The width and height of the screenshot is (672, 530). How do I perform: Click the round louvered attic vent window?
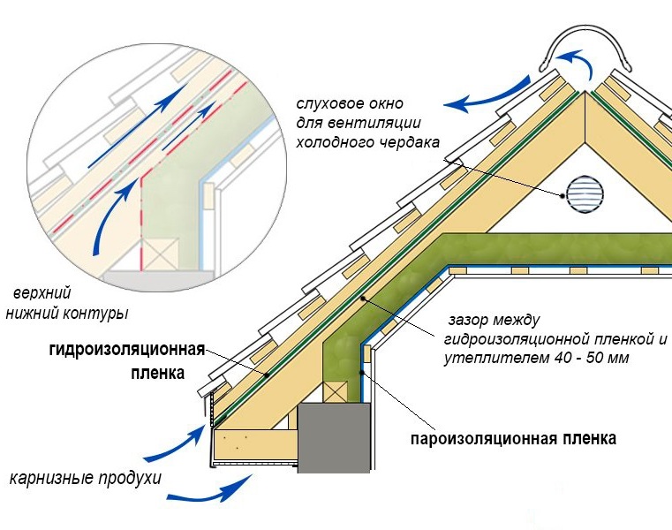[x=580, y=192]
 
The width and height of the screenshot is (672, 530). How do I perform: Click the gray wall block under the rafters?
[x=334, y=437]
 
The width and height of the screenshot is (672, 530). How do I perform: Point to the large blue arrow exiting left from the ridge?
[x=486, y=99]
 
